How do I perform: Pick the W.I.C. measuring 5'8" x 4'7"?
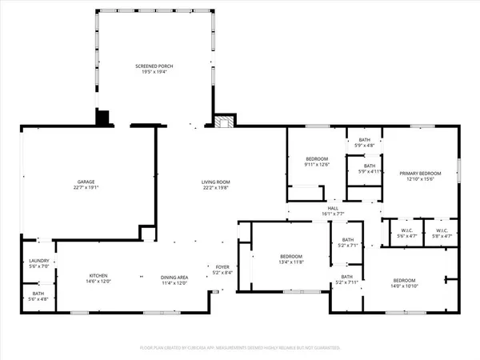442,234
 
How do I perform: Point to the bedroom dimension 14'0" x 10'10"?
403,285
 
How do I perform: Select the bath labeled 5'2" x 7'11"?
347,279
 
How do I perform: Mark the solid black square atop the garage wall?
102,118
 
